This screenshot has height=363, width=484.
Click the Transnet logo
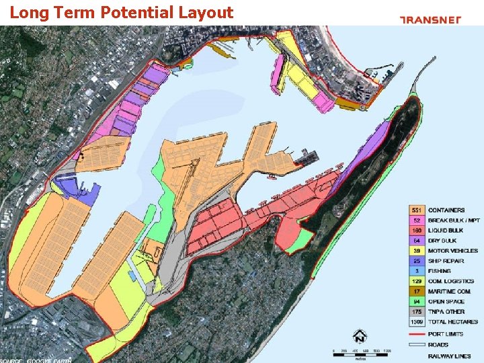[x=440, y=19]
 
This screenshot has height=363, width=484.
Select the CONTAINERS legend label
[x=446, y=210]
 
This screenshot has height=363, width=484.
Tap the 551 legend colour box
[x=417, y=210]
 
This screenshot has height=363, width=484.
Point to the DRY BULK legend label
[x=442, y=241]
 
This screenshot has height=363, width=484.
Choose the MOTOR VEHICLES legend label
[x=453, y=251]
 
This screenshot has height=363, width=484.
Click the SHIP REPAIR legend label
[x=445, y=261]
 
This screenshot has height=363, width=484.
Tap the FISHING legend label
[x=440, y=271]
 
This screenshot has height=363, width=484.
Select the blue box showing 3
[x=417, y=271]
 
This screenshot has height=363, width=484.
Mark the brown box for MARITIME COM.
[x=417, y=291]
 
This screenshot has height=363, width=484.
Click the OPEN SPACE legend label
[x=446, y=302]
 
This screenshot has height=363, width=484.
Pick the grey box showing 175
[x=417, y=312]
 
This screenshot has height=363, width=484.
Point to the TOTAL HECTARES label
[x=452, y=322]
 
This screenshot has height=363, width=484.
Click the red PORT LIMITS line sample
[x=417, y=333]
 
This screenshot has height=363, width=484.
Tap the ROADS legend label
[x=438, y=345]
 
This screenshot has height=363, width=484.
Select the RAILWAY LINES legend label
[x=450, y=356]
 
